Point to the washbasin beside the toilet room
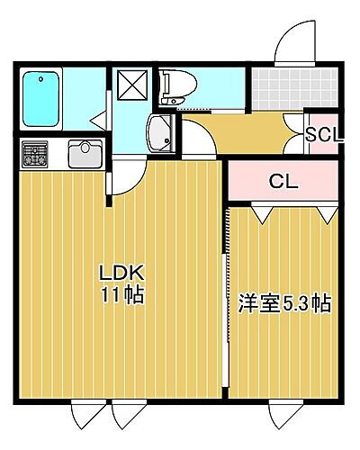click(x=161, y=133)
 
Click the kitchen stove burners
click(x=36, y=154)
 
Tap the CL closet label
click(x=284, y=180)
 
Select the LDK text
click(x=121, y=273)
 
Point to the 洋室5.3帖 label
click(x=283, y=303)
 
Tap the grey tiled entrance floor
click(x=278, y=87)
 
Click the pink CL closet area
click(x=283, y=181)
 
